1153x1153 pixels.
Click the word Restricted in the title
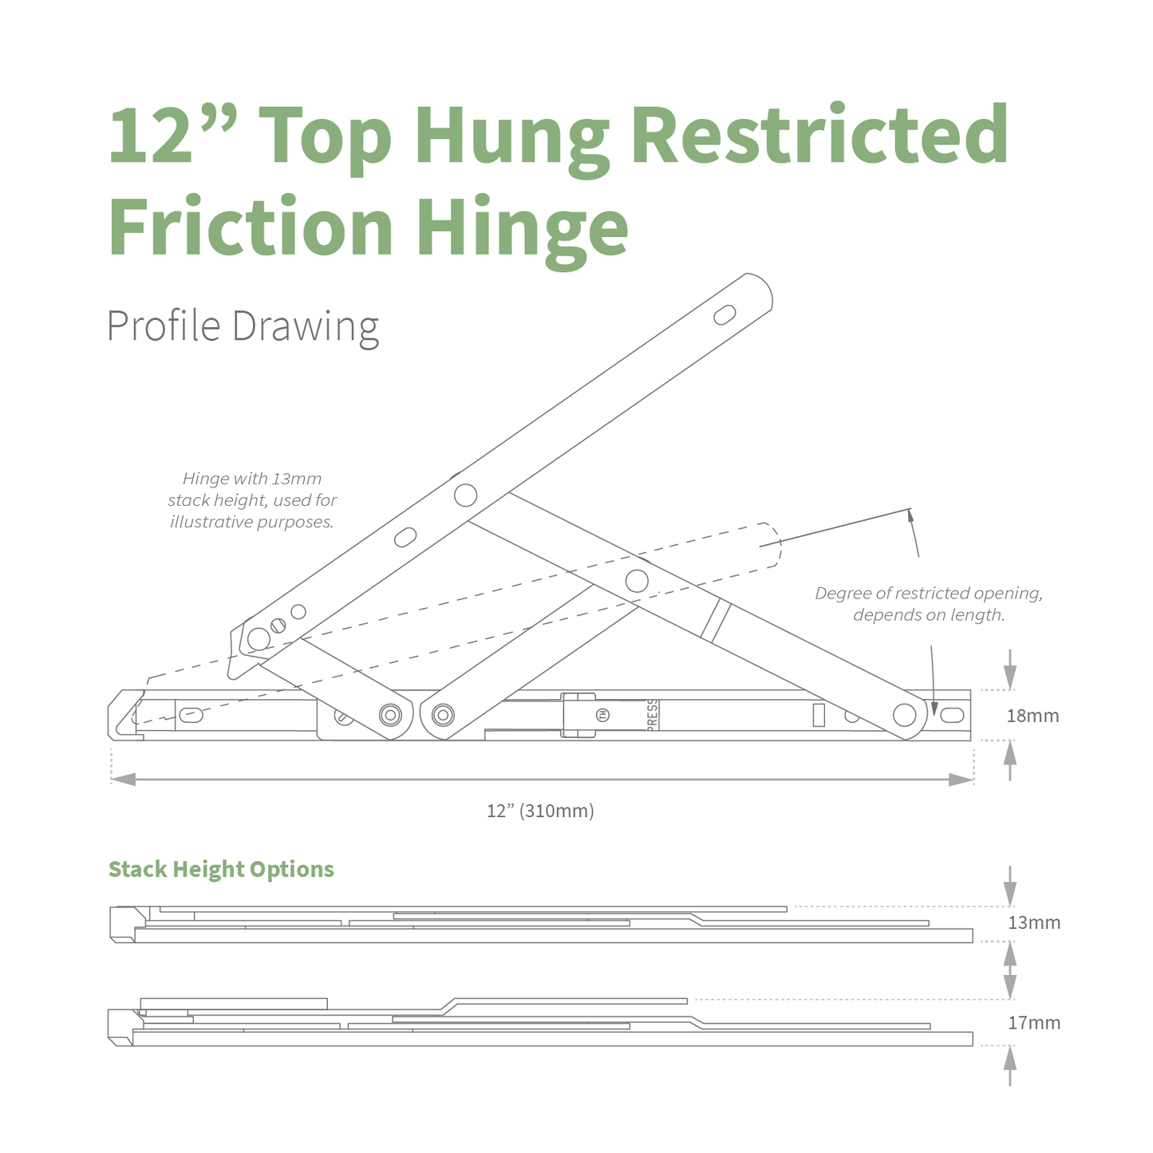coord(819,134)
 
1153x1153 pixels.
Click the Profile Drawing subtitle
coord(243,326)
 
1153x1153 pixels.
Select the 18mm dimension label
coord(1033,716)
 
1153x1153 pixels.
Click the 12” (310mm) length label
coord(540,811)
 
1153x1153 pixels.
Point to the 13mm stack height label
coord(1034,922)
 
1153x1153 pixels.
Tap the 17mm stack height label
coord(1034,1023)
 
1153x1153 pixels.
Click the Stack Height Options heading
coord(221,870)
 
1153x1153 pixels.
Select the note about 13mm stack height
coord(252,500)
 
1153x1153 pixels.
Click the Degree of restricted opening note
coord(929,604)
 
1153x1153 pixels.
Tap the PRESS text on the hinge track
coord(652,714)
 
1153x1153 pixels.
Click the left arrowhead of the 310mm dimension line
coord(123,779)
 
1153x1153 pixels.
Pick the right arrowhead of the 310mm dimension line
coord(961,779)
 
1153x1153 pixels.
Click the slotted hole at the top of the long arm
coord(725,314)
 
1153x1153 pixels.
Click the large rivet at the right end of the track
coord(904,714)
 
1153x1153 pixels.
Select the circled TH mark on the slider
coord(602,714)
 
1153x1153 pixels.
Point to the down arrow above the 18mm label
coord(1010,669)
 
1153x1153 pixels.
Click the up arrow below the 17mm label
coord(1010,1066)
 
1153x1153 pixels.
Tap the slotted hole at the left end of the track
coord(191,714)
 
